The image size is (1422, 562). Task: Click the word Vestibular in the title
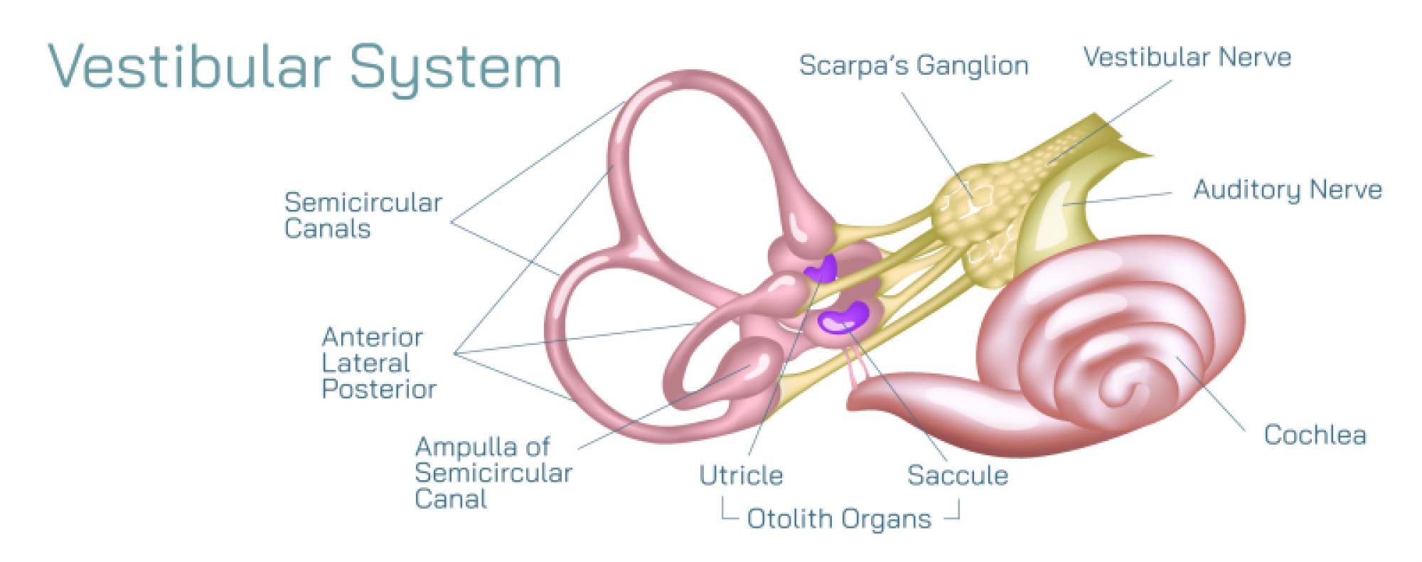click(189, 67)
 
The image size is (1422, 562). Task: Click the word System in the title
click(456, 68)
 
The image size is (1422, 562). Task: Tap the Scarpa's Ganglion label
click(914, 65)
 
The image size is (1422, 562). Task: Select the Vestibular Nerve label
click(1187, 57)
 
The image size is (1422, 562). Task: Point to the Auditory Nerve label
click(1288, 189)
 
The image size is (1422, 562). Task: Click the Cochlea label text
click(1315, 435)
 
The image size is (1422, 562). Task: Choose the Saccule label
click(958, 475)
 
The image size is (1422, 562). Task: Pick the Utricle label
click(741, 475)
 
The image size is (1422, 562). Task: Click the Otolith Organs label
click(839, 519)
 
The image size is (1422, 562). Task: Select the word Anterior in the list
click(373, 336)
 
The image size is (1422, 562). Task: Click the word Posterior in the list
click(379, 389)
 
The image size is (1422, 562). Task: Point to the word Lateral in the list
click(365, 363)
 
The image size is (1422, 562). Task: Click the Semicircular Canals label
click(363, 215)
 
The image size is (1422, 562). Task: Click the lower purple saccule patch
click(844, 317)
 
